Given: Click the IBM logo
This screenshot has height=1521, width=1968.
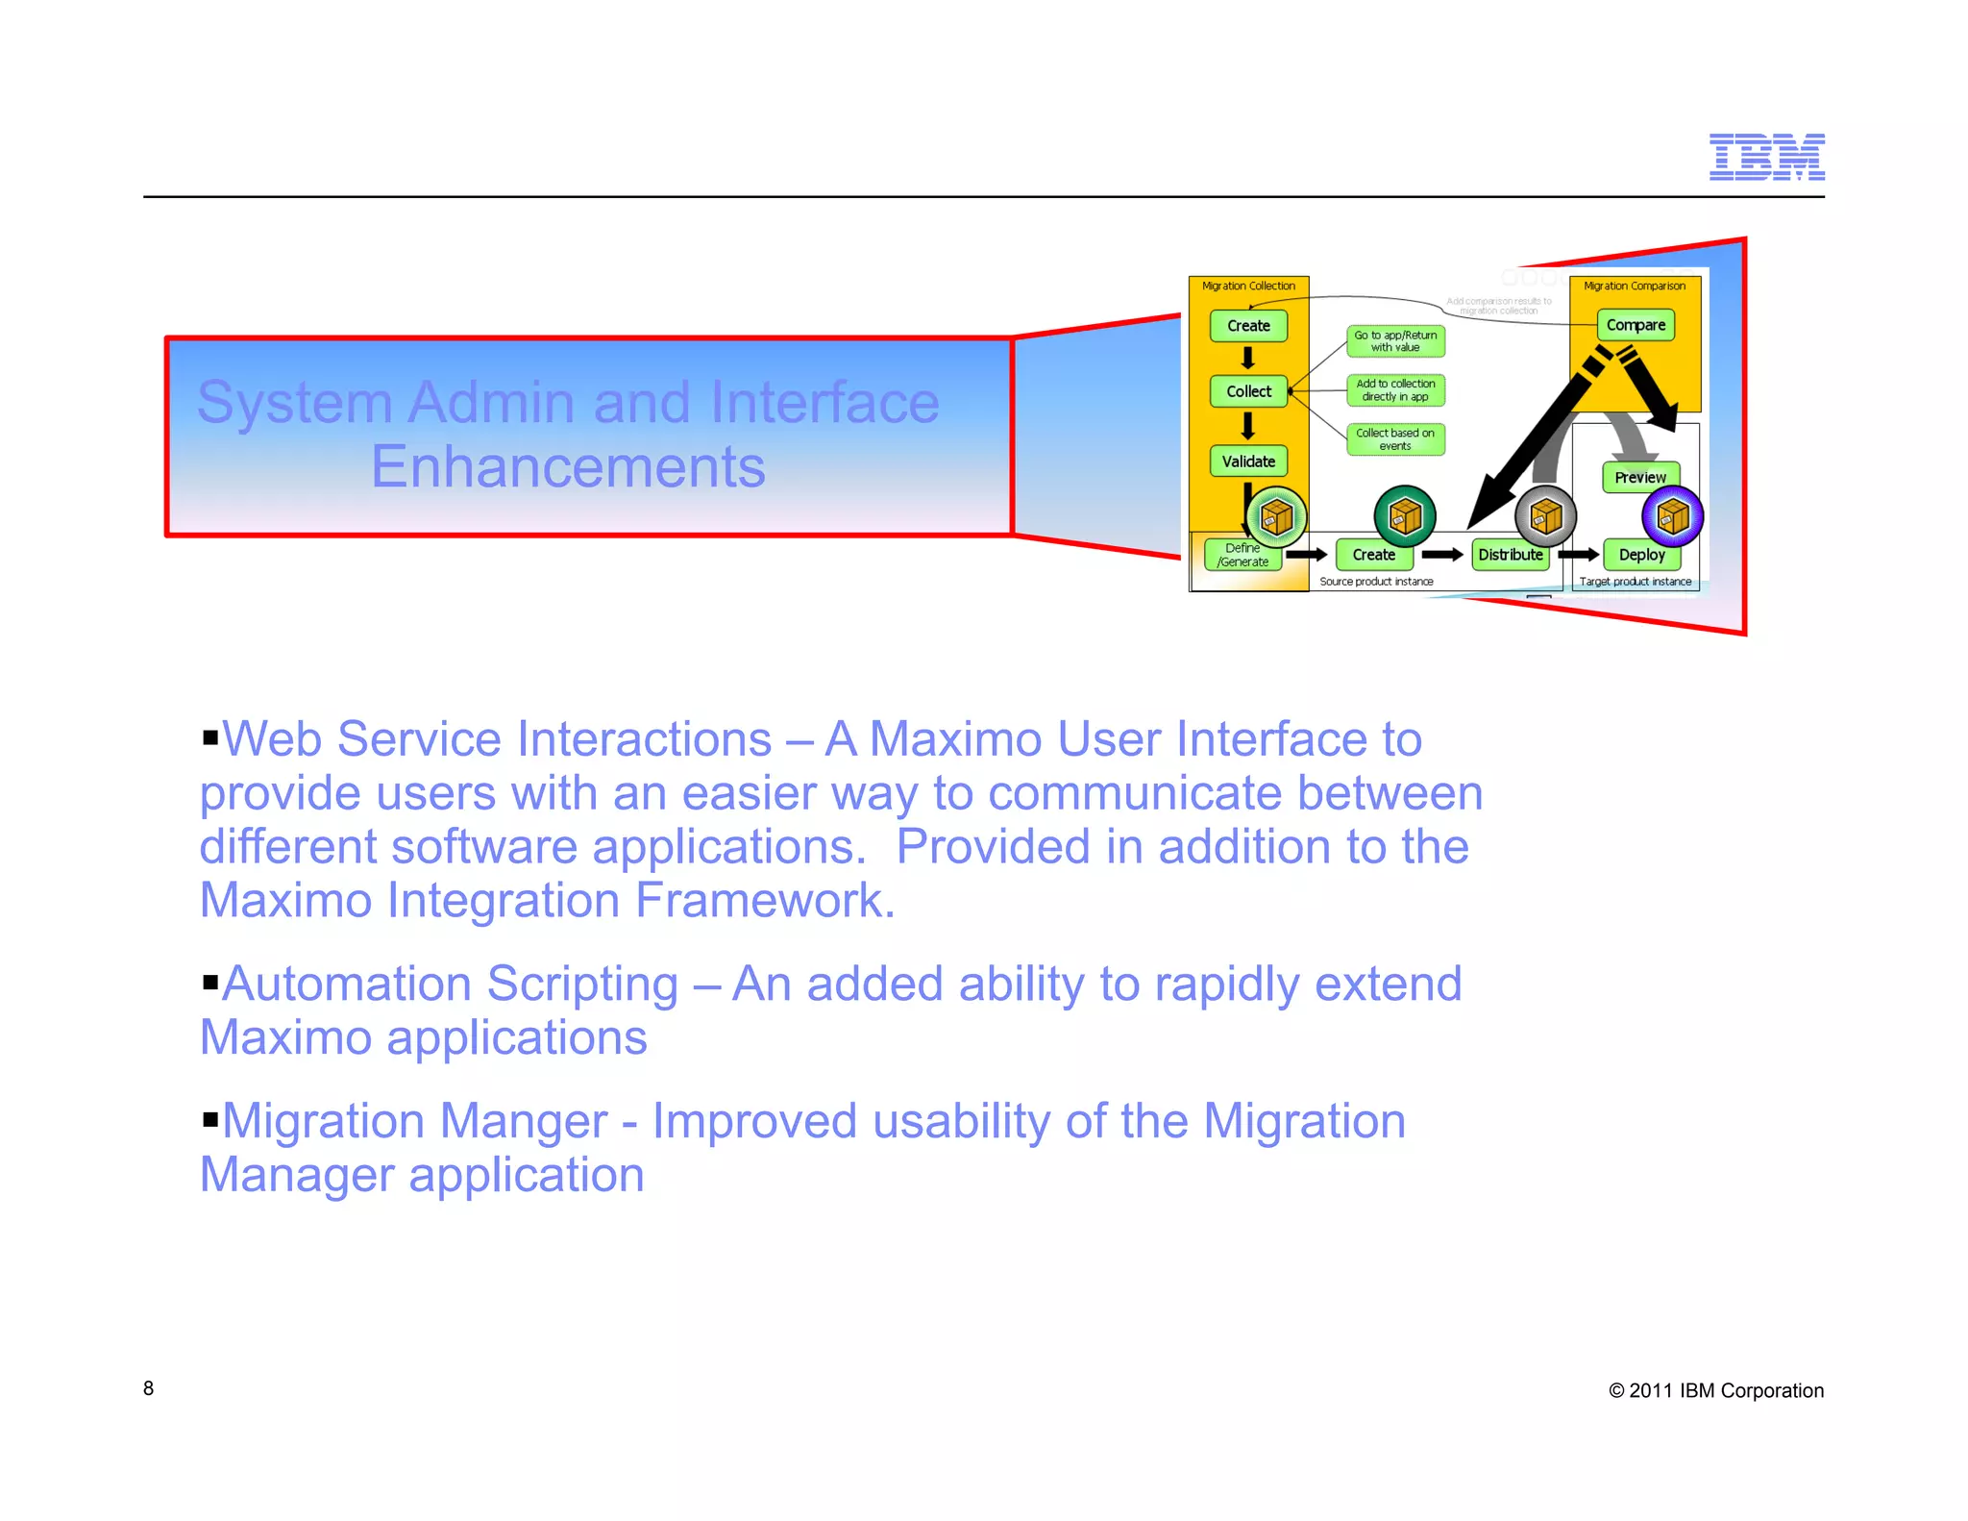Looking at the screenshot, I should [1766, 157].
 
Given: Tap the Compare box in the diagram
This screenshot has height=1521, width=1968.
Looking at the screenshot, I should [1636, 325].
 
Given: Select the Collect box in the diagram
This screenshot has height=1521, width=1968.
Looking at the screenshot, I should [1248, 391].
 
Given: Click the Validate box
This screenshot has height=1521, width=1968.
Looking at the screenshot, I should [1248, 461].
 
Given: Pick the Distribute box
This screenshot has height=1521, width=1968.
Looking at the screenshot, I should [1510, 555].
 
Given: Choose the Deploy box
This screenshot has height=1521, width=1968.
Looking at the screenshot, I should [1641, 555].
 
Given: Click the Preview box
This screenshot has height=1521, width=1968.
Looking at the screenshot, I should [1640, 478].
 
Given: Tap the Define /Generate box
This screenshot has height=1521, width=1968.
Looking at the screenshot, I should [1242, 555].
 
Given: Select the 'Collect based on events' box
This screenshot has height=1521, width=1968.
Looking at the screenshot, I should [1395, 439].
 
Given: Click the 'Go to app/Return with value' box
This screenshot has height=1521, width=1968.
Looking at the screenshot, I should [1395, 341].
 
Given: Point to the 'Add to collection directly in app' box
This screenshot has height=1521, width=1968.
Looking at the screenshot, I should [1395, 390].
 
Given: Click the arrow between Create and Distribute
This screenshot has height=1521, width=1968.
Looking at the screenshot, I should [1441, 555].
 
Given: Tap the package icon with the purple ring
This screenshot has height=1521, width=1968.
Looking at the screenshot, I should [1672, 517].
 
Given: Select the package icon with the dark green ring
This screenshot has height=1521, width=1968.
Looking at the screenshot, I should [1405, 516].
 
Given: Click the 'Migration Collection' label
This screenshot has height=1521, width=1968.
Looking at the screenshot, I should [1248, 286].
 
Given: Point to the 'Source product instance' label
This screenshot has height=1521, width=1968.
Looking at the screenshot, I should [1376, 582].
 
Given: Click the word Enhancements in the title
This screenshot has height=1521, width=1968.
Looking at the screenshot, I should [568, 467].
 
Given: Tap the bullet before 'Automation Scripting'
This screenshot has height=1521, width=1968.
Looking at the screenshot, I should [210, 983].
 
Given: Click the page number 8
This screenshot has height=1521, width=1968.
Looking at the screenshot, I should [148, 1388].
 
